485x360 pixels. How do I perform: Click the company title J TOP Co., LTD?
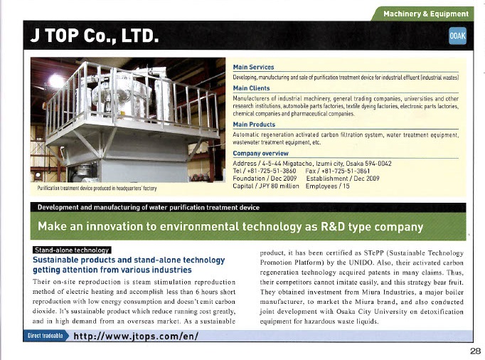(x=95, y=36)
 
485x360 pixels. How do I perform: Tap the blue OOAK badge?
(x=457, y=36)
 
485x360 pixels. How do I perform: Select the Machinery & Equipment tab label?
(x=426, y=14)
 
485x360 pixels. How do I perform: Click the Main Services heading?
(x=253, y=67)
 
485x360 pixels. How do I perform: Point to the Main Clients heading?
(x=251, y=88)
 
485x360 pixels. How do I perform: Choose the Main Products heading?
(x=254, y=125)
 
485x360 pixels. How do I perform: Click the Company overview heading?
(x=260, y=154)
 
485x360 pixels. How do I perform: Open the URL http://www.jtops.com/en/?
(x=136, y=336)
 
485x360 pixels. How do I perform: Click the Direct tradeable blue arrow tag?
(x=46, y=336)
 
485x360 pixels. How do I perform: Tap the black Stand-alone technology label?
(x=72, y=250)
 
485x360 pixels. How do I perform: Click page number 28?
(x=476, y=351)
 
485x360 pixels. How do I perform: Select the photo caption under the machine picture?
(x=97, y=189)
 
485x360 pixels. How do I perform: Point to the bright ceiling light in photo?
(x=57, y=81)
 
